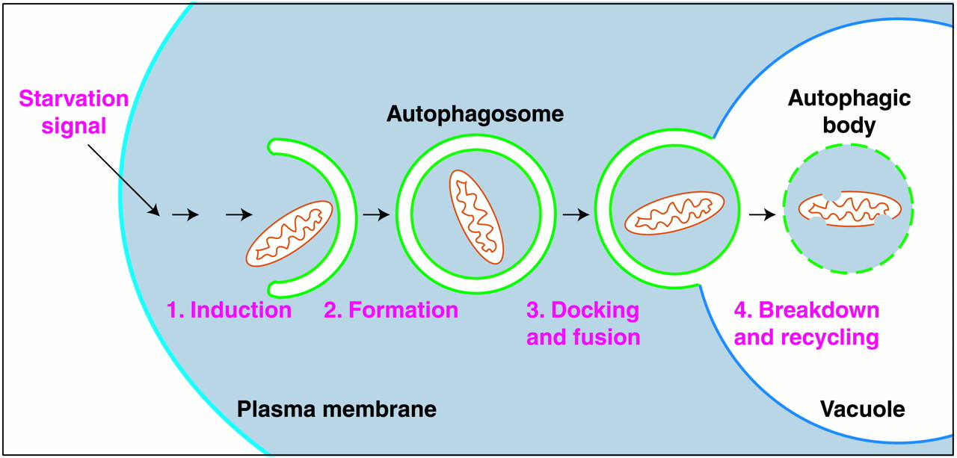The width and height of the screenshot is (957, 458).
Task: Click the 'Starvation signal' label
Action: (x=73, y=112)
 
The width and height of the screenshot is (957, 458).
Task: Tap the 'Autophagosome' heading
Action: (x=475, y=115)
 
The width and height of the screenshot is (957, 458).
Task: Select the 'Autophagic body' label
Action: (x=849, y=112)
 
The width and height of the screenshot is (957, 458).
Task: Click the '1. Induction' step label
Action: (x=229, y=310)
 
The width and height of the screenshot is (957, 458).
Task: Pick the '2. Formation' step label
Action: (x=390, y=310)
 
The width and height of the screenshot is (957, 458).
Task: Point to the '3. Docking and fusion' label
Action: (x=583, y=324)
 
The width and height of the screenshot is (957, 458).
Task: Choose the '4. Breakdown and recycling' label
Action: (x=807, y=324)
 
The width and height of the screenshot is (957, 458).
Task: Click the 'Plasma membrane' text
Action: (x=336, y=409)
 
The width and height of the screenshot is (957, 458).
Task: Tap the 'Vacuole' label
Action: (x=862, y=409)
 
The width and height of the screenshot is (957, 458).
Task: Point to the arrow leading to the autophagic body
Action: (x=762, y=214)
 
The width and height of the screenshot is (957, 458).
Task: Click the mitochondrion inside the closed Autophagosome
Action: (x=476, y=217)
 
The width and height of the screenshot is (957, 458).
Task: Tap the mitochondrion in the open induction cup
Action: (x=289, y=233)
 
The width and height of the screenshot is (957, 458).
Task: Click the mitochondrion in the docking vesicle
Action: (x=674, y=212)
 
